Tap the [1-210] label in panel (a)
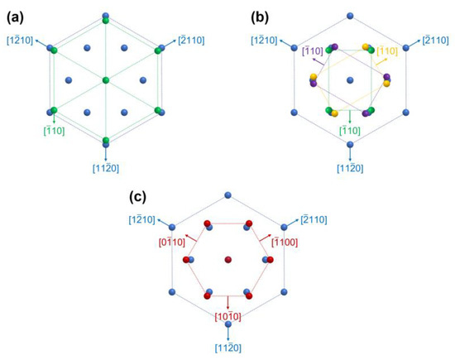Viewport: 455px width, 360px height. [x=22, y=40]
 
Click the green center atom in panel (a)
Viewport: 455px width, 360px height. [x=106, y=79]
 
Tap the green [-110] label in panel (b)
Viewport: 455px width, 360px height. [x=351, y=131]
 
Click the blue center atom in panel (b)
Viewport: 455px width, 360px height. [x=351, y=79]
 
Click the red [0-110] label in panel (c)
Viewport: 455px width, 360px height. [x=172, y=242]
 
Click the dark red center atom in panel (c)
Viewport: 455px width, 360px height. [x=227, y=261]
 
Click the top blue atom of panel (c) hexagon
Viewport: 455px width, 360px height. [x=227, y=195]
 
